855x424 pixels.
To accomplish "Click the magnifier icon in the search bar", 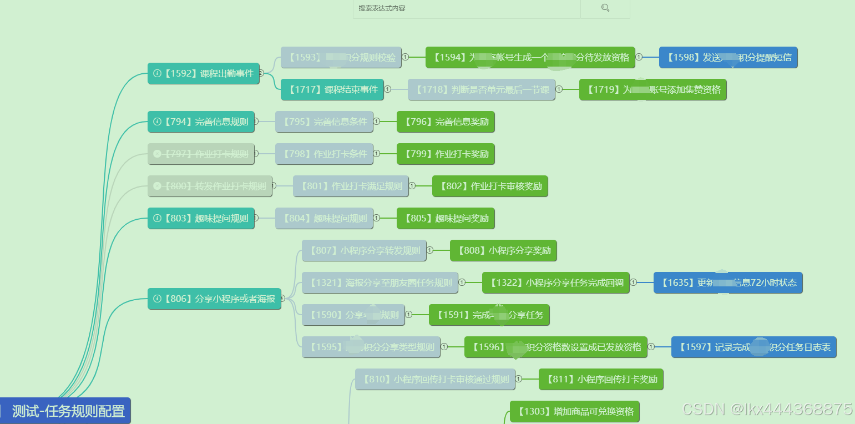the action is tap(605, 8).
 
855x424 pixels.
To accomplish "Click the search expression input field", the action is tap(466, 8).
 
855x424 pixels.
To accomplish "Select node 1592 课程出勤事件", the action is tap(204, 73).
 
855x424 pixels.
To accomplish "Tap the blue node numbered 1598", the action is tap(728, 57).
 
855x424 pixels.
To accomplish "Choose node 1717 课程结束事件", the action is tap(332, 89).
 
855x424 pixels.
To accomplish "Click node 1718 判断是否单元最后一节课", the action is tap(482, 89).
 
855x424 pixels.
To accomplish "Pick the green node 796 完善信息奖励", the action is tap(446, 122).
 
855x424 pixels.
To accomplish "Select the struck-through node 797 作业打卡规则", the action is tap(201, 154).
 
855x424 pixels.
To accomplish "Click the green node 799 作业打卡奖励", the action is tap(446, 154).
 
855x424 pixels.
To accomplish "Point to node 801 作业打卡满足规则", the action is tap(351, 186).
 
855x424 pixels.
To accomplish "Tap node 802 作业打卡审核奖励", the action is tap(490, 186).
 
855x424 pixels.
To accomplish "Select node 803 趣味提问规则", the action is tap(201, 218).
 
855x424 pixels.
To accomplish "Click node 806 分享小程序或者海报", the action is tap(214, 299).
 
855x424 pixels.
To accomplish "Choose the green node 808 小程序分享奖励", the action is tap(503, 250).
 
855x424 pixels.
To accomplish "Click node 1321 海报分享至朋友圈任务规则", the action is tap(380, 282).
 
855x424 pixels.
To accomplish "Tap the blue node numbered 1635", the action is tap(728, 282).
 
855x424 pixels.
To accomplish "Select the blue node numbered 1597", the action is tap(753, 347).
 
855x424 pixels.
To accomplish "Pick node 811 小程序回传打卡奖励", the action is tap(601, 379).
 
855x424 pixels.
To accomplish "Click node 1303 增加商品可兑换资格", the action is tap(574, 411).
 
